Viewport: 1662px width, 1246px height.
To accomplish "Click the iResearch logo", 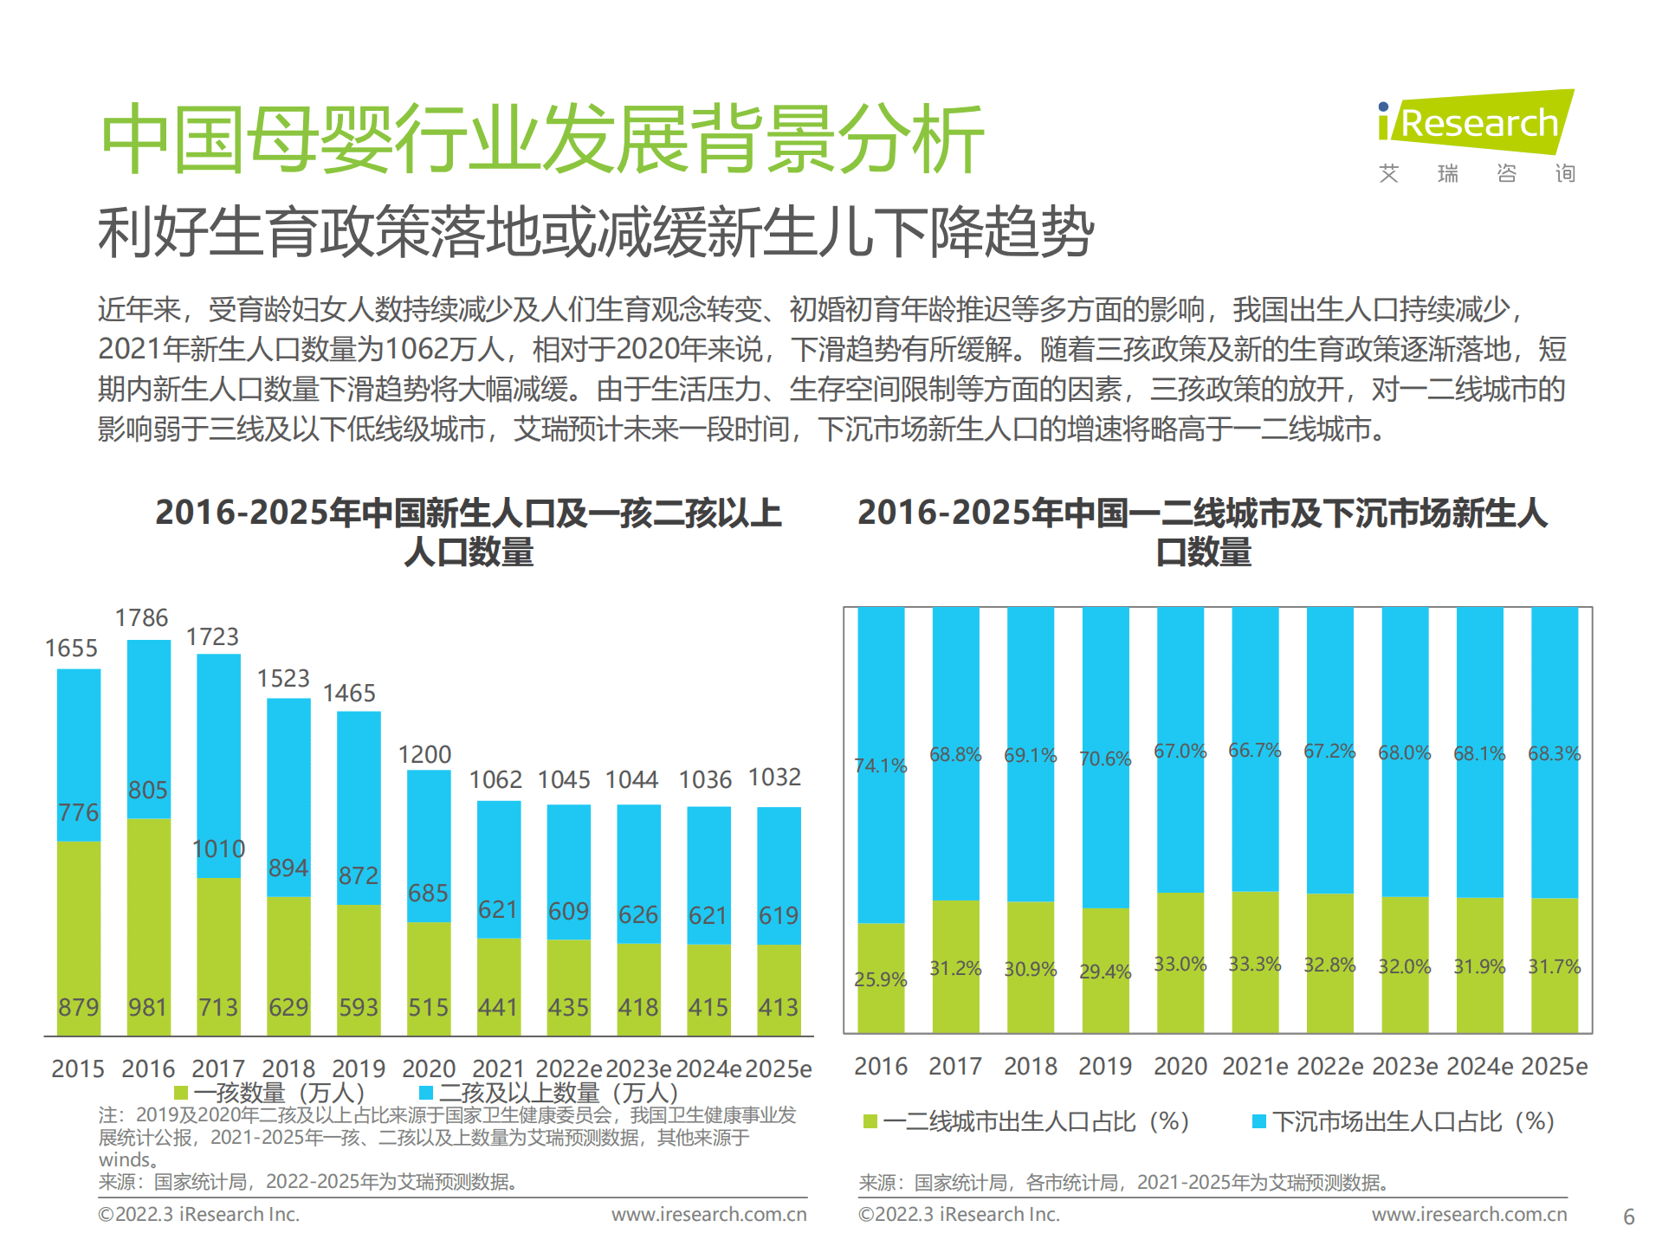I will [x=1476, y=123].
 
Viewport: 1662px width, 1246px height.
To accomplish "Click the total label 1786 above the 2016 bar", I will [x=141, y=618].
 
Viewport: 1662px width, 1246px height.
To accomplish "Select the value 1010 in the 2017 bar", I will [x=218, y=849].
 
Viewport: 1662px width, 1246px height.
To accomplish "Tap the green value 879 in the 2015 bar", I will [x=78, y=1007].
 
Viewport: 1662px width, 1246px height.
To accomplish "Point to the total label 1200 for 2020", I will [x=424, y=755].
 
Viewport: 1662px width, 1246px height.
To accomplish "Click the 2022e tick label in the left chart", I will [x=568, y=1069].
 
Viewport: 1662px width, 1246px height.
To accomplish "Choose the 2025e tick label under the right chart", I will [x=1554, y=1067].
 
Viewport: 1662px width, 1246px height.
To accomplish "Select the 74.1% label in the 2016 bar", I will [x=880, y=765].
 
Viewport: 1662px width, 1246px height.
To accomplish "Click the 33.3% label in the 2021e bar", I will [x=1254, y=964].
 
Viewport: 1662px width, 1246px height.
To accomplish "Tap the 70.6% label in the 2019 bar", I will [x=1104, y=759].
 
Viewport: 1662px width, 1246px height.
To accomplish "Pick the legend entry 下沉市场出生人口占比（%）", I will [x=1413, y=1122].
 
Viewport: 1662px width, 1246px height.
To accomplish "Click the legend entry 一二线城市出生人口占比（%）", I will [x=1035, y=1122].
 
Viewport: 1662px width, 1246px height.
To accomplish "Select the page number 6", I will [x=1628, y=1217].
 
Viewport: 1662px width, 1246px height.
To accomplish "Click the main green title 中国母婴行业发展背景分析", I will [x=542, y=139].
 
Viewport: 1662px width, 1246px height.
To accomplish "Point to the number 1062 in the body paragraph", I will [x=414, y=349].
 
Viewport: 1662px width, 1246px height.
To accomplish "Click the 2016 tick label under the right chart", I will [x=880, y=1067].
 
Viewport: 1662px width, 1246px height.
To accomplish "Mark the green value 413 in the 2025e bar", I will [x=778, y=1007].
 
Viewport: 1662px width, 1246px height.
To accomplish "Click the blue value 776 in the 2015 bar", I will [x=78, y=812].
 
